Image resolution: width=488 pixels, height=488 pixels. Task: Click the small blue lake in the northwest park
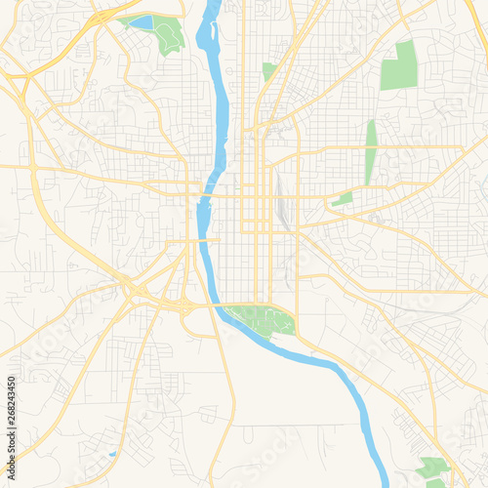142,21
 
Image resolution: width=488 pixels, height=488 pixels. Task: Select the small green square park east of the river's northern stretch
269,71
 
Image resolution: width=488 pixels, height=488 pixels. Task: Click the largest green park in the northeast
399,66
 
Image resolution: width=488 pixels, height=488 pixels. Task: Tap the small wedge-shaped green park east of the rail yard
343,199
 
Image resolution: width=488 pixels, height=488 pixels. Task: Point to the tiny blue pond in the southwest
112,454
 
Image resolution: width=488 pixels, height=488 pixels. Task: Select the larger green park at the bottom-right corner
431,468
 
